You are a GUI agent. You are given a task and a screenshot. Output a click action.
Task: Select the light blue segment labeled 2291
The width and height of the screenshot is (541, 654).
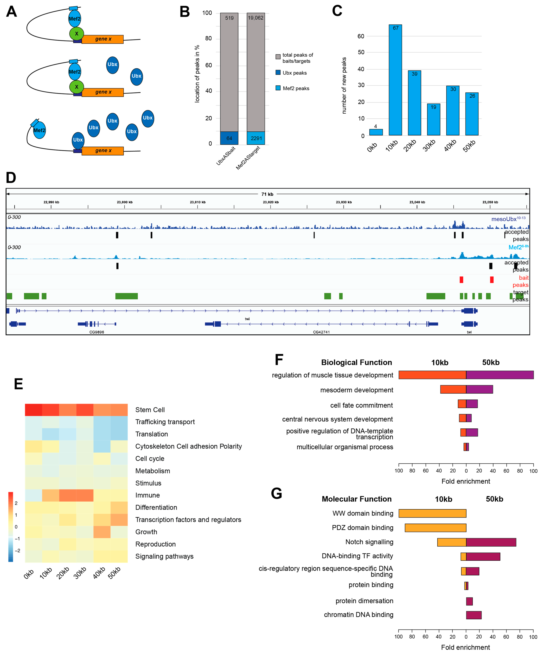coord(256,138)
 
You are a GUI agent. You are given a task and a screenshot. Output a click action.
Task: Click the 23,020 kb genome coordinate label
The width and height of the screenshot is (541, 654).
coord(271,202)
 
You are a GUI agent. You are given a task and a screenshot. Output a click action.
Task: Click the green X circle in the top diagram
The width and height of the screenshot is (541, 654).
coord(77,34)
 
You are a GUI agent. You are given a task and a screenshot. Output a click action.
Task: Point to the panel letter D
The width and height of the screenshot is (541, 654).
coord(11,178)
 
